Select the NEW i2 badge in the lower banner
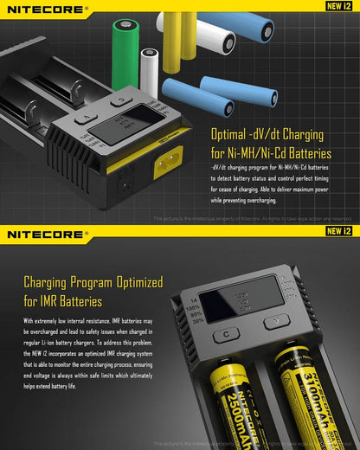click(338, 233)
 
